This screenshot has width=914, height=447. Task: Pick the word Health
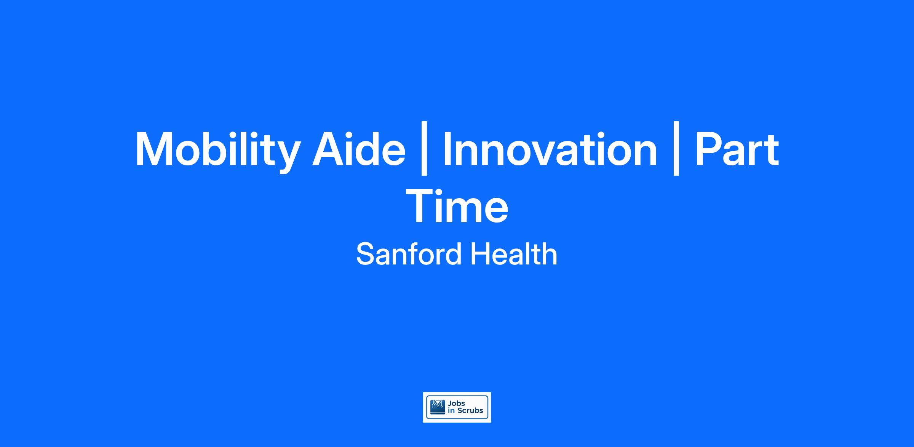[x=514, y=254]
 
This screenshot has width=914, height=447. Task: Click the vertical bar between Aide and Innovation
[x=424, y=148]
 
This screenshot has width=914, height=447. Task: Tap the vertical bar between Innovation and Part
[x=676, y=148]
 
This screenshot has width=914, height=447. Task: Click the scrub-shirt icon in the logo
[x=438, y=407]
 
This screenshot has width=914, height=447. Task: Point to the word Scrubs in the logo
[x=470, y=410]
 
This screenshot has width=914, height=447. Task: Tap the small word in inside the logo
[x=452, y=410]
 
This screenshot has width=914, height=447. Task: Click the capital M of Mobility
[x=155, y=148]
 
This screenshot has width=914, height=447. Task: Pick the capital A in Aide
[x=330, y=148]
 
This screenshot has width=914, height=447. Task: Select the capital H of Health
[x=481, y=254]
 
